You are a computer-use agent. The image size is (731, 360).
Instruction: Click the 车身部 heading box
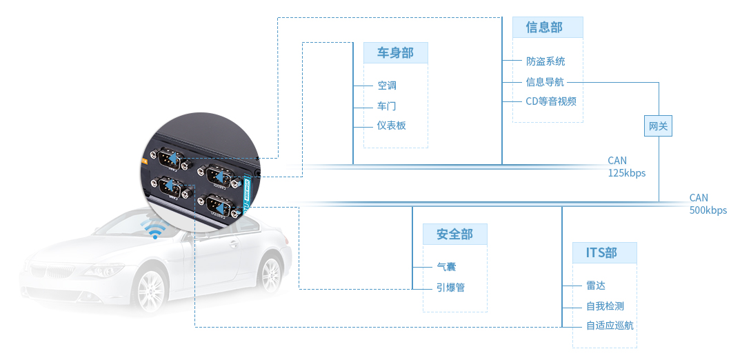pos(395,53)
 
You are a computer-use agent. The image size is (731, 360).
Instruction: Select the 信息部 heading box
pos(548,28)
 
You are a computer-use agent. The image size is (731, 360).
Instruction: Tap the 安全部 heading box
pos(454,234)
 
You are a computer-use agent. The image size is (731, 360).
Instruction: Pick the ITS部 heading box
pos(604,252)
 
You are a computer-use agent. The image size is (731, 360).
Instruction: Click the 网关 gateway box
pos(659,126)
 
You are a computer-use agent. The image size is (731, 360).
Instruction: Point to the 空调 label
pos(387,86)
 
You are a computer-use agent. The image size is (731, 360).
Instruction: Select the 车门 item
pos(387,106)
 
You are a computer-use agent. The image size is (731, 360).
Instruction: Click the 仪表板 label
pos(392,126)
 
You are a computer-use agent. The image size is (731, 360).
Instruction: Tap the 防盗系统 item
pos(545,62)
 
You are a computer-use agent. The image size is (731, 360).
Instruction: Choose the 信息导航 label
pos(545,82)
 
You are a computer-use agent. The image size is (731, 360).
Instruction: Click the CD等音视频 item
pos(550,101)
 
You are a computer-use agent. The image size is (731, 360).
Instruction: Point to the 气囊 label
pos(446,267)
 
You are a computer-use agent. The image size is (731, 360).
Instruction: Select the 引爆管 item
pos(451,288)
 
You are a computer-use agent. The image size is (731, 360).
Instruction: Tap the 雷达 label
pos(595,286)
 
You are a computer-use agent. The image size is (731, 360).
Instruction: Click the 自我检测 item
pos(605,306)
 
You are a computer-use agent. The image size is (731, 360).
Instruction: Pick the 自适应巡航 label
pos(610,326)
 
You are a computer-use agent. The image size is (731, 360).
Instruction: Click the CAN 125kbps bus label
pos(626,167)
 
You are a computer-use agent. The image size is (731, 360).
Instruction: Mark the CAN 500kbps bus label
pos(708,204)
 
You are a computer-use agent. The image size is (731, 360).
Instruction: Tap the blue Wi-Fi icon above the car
pos(153,230)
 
